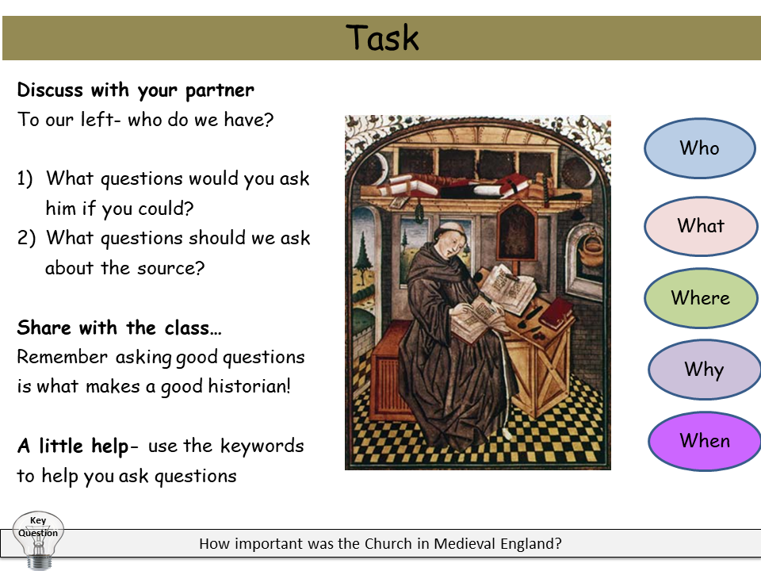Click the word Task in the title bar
tap(382, 38)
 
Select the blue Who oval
tap(699, 148)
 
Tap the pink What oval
tap(700, 226)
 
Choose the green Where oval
tap(700, 298)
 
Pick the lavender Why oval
tap(703, 370)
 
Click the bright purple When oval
tap(704, 441)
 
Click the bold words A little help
tap(72, 446)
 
